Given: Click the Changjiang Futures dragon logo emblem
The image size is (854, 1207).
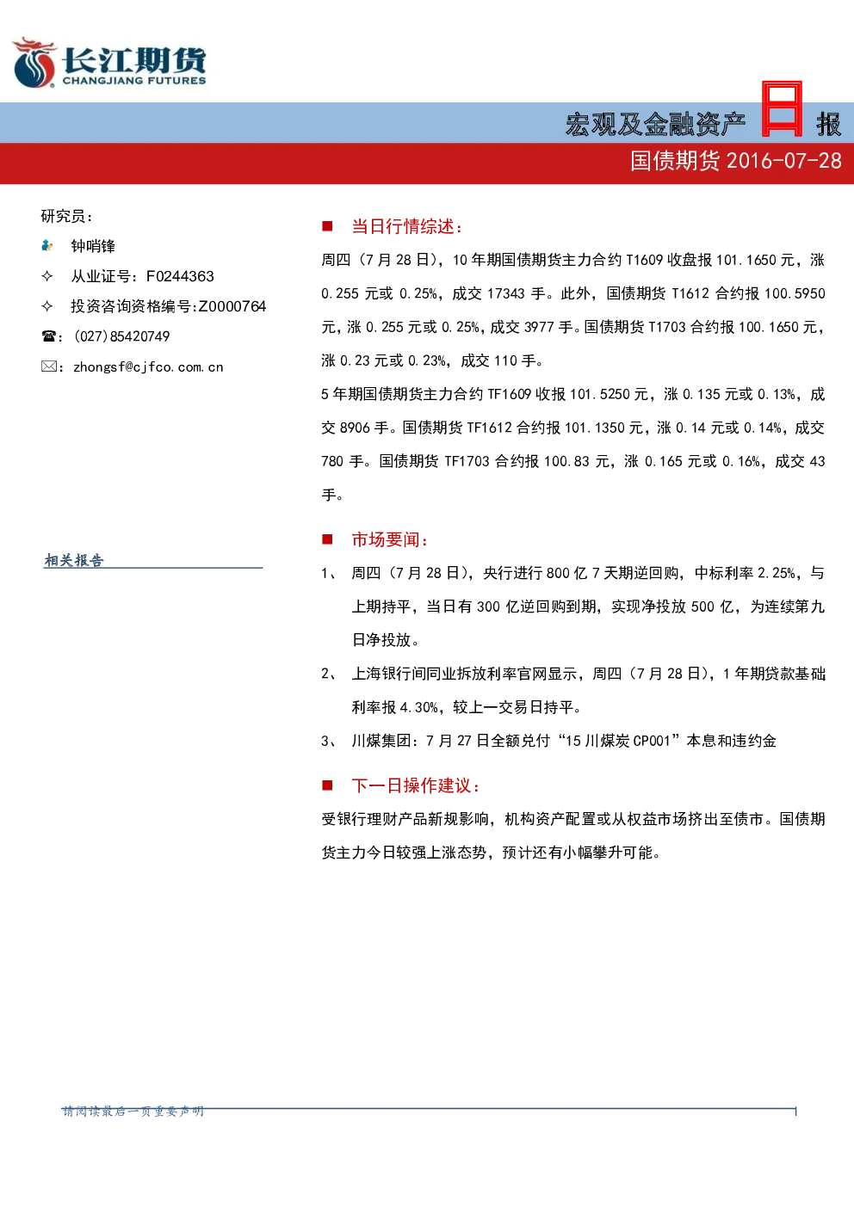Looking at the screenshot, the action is [34, 62].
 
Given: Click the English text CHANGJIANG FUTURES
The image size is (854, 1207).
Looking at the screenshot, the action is [134, 81].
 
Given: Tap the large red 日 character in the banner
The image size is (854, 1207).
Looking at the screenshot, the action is [782, 109].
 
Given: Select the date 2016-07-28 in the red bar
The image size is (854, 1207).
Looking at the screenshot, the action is [784, 161].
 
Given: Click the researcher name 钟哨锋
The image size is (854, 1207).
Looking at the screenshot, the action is [93, 246].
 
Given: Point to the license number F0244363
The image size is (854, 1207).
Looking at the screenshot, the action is [180, 276].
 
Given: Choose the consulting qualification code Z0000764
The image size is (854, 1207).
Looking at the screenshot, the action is [232, 306].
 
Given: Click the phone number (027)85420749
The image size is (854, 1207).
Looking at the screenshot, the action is [122, 336].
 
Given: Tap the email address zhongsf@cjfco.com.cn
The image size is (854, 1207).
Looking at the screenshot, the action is [148, 367].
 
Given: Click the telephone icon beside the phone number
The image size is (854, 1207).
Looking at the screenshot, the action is [48, 336].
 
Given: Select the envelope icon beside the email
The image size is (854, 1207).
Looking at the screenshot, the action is [48, 366].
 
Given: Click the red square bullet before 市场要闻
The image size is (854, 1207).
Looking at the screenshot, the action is [327, 539].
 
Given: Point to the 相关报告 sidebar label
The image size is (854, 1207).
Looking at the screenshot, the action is [74, 560].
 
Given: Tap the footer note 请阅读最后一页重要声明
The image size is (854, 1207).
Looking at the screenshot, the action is [133, 1112].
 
